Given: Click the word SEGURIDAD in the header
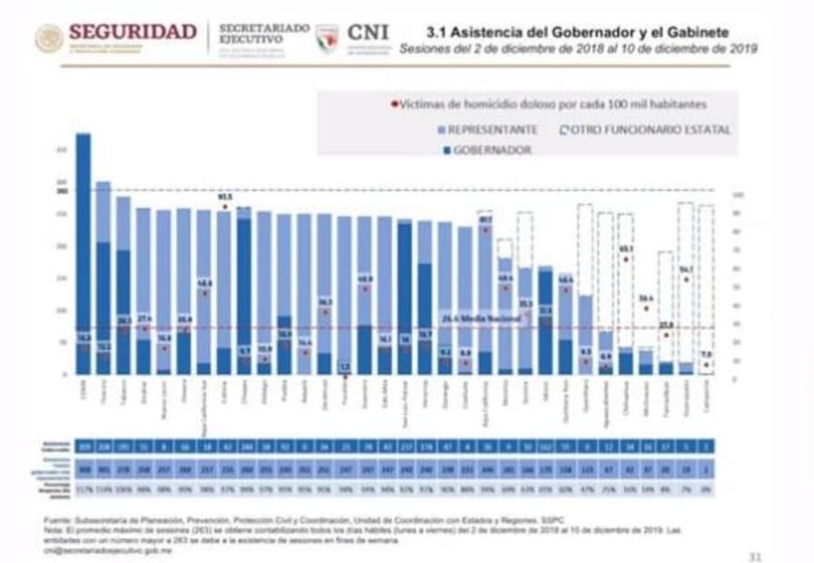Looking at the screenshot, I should tap(132, 32).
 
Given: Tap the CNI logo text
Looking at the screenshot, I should tap(368, 33).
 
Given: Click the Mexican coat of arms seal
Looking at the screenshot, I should tap(49, 38).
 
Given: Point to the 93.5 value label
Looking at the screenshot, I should tap(225, 196).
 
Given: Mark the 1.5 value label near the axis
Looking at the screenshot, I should tap(345, 366).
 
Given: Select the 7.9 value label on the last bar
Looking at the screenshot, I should tap(706, 355).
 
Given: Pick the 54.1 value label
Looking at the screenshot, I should tap(686, 269).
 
